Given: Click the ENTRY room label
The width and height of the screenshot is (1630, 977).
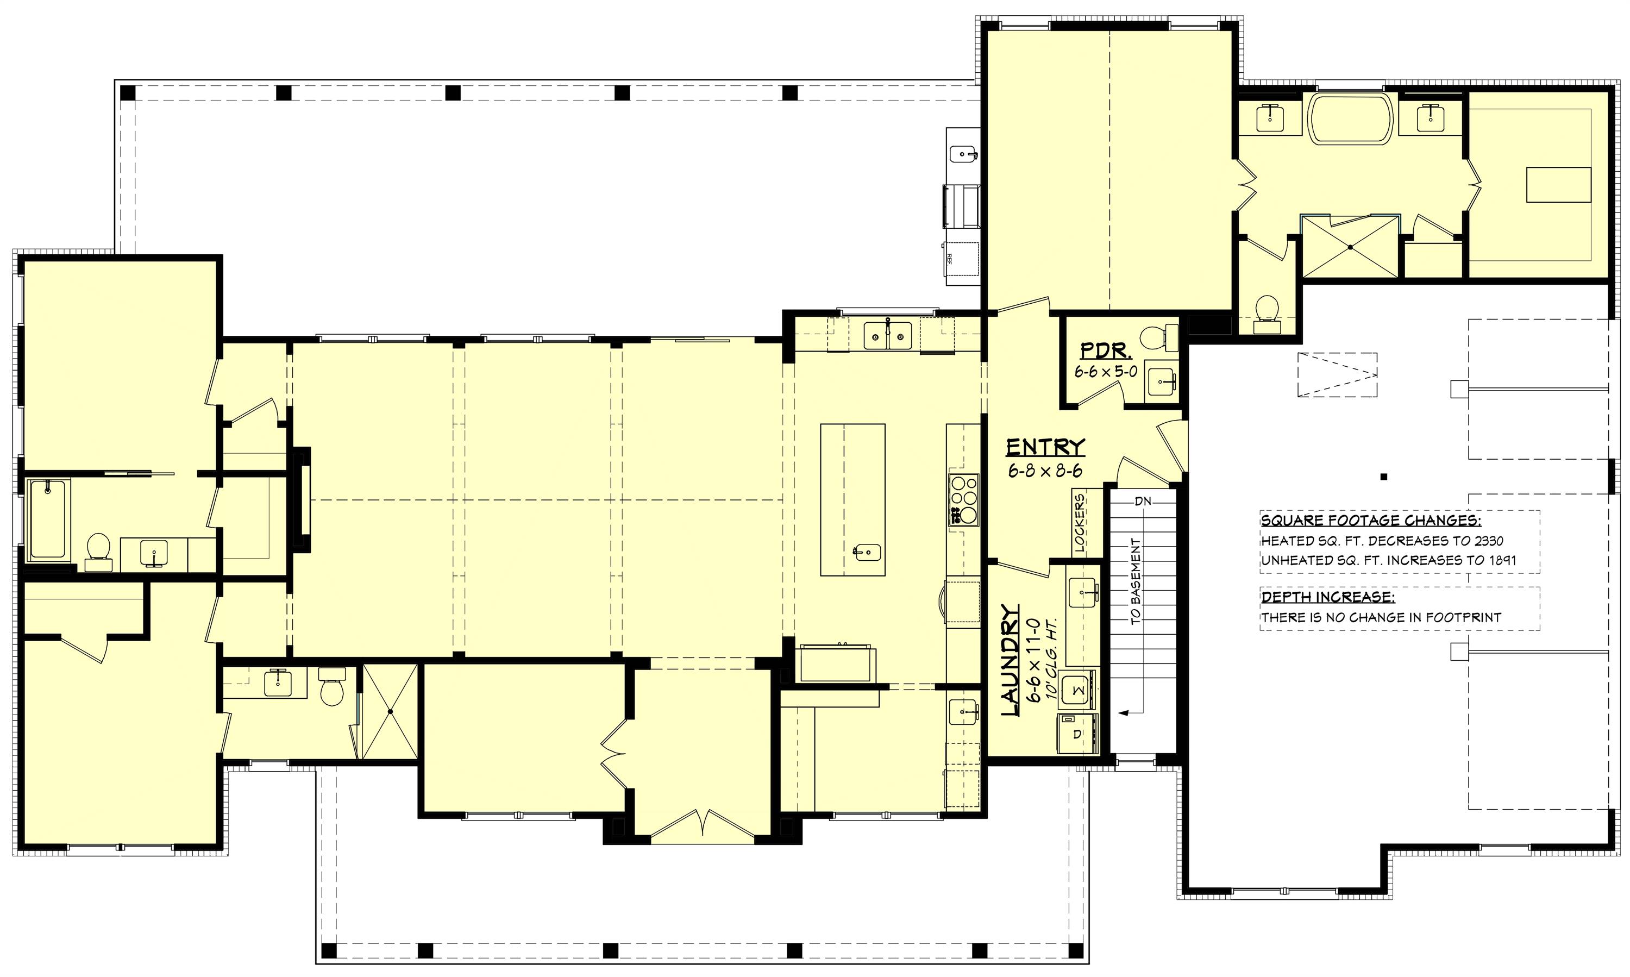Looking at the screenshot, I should click(x=1045, y=448).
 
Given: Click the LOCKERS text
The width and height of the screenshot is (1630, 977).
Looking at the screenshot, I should click(x=1079, y=522).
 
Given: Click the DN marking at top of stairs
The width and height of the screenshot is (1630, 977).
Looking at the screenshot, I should click(x=1143, y=501).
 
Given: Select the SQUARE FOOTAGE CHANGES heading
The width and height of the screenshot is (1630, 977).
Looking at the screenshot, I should click(x=1371, y=521).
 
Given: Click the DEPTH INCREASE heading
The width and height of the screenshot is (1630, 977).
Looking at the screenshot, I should click(x=1327, y=597).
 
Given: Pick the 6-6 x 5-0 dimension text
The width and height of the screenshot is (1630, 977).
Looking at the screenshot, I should click(x=1106, y=371).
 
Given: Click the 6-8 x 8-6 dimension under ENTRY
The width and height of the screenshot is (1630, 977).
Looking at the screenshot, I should click(x=1045, y=471).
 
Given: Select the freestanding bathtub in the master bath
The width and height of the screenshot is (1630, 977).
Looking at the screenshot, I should click(x=1351, y=119).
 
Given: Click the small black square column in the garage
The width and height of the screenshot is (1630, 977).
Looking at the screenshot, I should click(x=1384, y=477).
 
